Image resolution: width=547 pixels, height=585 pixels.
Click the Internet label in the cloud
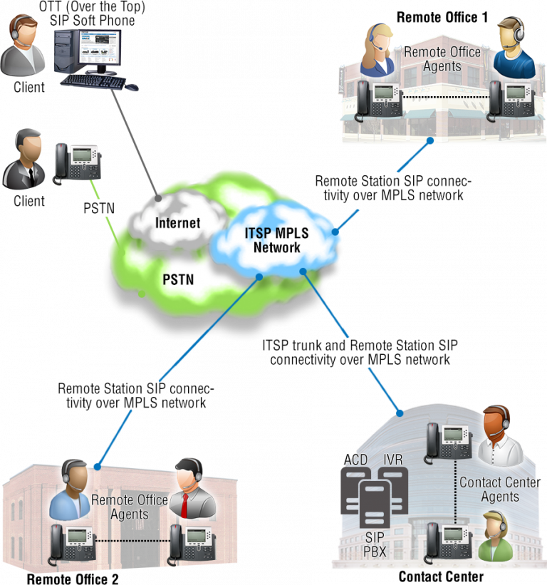click(x=178, y=222)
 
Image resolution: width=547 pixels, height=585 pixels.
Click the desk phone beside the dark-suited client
click(x=76, y=163)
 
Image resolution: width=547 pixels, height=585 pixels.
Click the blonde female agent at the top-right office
click(x=377, y=51)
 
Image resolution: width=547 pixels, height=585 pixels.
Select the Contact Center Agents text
click(x=499, y=490)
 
